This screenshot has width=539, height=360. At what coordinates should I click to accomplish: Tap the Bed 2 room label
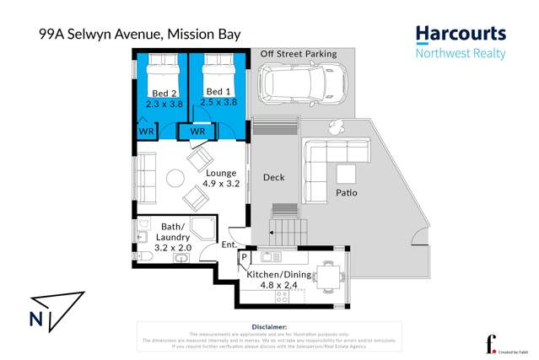pos(164,93)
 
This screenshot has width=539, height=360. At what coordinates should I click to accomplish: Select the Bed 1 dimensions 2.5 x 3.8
pos(218,102)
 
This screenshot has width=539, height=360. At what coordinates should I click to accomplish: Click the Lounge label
pos(221,173)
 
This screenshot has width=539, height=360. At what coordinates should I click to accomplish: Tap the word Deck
pos(273,177)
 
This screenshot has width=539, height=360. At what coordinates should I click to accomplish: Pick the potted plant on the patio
pos(336,127)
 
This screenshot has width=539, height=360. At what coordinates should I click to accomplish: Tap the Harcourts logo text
pos(461,34)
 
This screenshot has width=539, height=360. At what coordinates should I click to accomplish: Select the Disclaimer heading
pos(269,326)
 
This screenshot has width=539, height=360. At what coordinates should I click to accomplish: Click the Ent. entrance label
pos(228,245)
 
